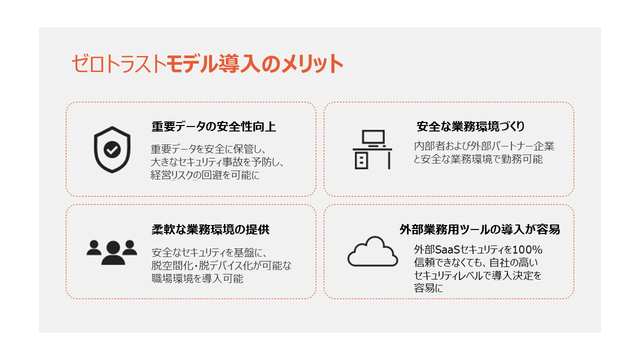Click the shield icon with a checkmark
coord(112,149)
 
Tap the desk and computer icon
coord(372,149)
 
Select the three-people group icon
coord(112,252)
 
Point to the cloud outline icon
coord(372,251)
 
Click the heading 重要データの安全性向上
coord(213,126)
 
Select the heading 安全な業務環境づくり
coord(470,126)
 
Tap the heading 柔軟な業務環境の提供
coord(210,229)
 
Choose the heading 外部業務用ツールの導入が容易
coord(479,229)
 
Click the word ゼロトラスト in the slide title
coord(118,63)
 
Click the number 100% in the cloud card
coord(527,249)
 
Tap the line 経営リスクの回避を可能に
coord(205,175)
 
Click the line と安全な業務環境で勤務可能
coord(478,159)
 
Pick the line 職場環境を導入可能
coord(197,278)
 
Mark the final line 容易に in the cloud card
coord(428,288)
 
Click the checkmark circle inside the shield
coord(112,149)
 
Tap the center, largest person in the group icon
coord(113,252)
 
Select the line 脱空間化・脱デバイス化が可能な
coord(221,265)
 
